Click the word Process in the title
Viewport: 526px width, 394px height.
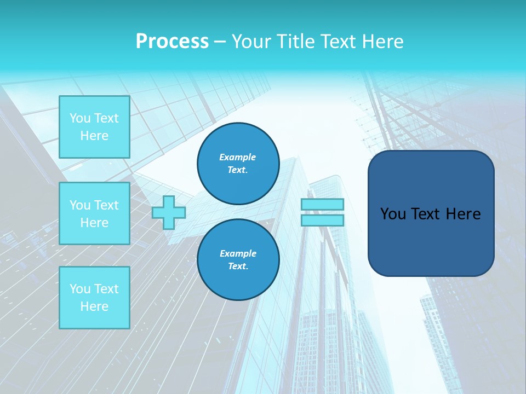click(172, 42)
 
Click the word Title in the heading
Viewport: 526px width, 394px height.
click(296, 42)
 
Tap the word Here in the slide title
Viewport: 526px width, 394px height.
click(380, 42)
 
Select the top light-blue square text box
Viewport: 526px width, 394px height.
click(94, 127)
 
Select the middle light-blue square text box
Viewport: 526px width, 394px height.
click(94, 213)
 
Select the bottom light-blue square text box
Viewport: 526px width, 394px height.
click(94, 297)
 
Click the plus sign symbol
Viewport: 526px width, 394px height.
click(169, 212)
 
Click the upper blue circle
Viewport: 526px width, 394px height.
click(238, 164)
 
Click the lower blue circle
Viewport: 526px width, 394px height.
click(238, 260)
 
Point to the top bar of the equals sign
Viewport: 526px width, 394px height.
click(322, 204)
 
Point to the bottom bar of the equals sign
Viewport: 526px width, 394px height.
click(322, 221)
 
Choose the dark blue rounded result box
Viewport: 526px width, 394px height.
click(431, 213)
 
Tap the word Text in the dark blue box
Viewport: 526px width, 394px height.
click(426, 214)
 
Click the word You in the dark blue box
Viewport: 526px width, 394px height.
click(393, 214)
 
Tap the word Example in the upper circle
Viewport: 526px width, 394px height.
click(237, 158)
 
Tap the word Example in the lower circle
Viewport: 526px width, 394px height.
click(238, 254)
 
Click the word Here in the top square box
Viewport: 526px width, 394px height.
click(94, 136)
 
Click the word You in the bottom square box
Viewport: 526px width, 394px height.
click(80, 289)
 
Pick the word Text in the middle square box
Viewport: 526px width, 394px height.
click(106, 205)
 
